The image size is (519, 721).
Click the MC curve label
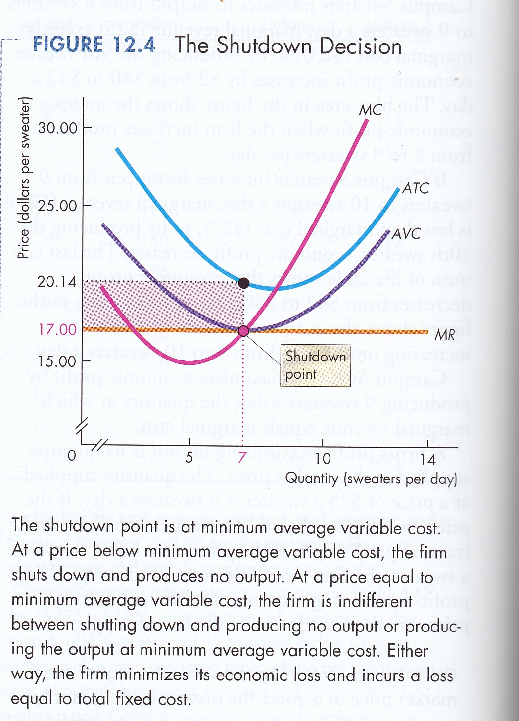pyautogui.click(x=371, y=109)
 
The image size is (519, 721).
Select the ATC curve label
pyautogui.click(x=415, y=188)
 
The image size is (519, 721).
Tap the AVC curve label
pyautogui.click(x=406, y=233)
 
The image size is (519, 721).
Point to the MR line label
pyautogui.click(x=444, y=335)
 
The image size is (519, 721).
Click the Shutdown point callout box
pyautogui.click(x=316, y=365)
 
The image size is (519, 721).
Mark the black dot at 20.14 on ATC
pyautogui.click(x=244, y=283)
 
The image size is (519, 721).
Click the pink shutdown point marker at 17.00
pyautogui.click(x=243, y=331)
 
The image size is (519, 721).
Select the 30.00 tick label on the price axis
pyautogui.click(x=58, y=128)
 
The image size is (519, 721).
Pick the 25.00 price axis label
pyautogui.click(x=57, y=205)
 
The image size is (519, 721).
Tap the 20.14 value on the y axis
pyautogui.click(x=57, y=282)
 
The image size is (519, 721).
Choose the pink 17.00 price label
pyautogui.click(x=57, y=329)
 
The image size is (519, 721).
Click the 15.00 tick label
pyautogui.click(x=57, y=361)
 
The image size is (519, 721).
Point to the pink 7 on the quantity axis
pyautogui.click(x=242, y=458)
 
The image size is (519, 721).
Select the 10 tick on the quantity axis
pyautogui.click(x=323, y=458)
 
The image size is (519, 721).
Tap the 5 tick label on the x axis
pyautogui.click(x=189, y=458)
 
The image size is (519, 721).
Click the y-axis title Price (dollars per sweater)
pyautogui.click(x=24, y=178)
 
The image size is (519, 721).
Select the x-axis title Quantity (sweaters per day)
pyautogui.click(x=371, y=479)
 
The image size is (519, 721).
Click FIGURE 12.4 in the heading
pyautogui.click(x=94, y=45)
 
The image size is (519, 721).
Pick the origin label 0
pyautogui.click(x=72, y=455)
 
